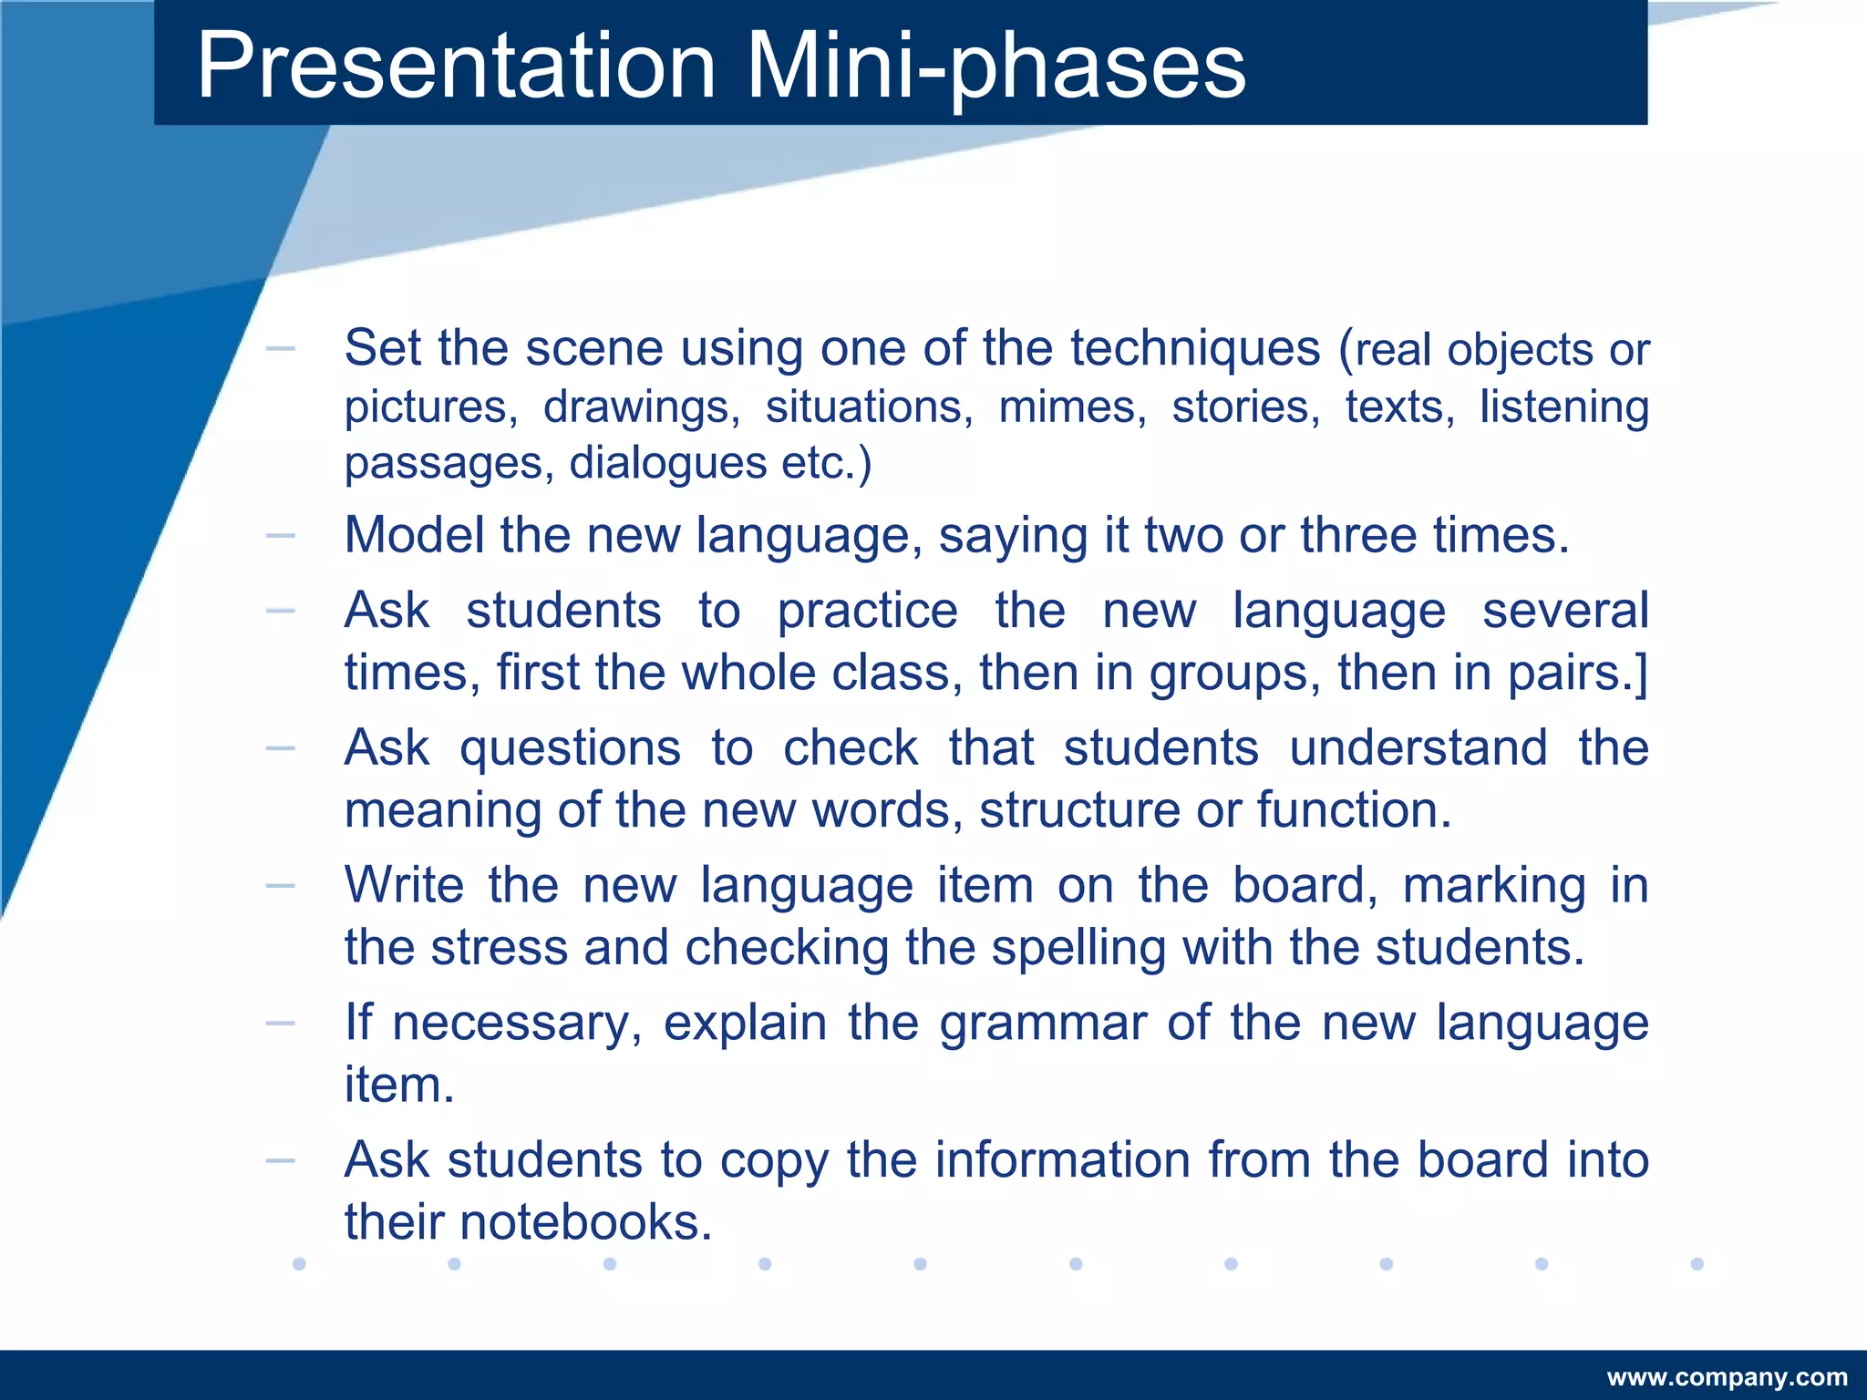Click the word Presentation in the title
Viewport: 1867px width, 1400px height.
click(x=456, y=66)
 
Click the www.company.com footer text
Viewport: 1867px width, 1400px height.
click(x=1727, y=1376)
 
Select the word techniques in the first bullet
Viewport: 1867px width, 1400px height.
click(x=1194, y=348)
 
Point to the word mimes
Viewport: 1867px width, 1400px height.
click(x=1072, y=407)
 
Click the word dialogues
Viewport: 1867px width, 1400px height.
click(x=667, y=463)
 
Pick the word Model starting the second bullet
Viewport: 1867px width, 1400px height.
click(x=414, y=535)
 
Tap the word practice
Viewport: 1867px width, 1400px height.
click(x=867, y=611)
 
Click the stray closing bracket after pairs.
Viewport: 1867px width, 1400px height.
click(x=1642, y=674)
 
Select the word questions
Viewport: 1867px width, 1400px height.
click(x=570, y=749)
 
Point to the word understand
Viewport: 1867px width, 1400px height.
click(x=1418, y=748)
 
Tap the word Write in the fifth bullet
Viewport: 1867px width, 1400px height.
click(x=404, y=885)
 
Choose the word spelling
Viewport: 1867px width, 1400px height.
click(x=1078, y=948)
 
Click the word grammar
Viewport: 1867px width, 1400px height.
click(x=1043, y=1023)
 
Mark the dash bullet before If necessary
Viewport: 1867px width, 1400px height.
click(x=280, y=1024)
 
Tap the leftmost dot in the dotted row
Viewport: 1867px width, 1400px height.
click(x=299, y=1263)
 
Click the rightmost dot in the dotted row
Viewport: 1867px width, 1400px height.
click(x=1697, y=1263)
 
